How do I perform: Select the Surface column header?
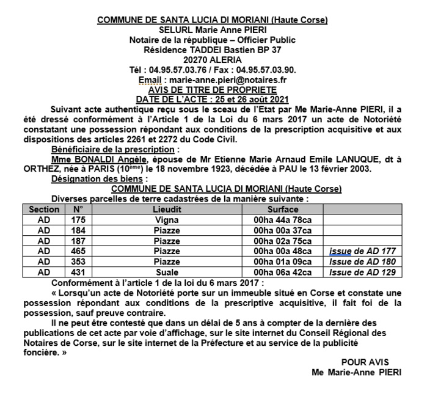coord(283,209)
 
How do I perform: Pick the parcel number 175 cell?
coord(78,219)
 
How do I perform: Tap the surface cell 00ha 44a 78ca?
coord(283,219)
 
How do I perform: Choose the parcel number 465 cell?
coord(78,250)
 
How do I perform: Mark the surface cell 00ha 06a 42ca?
coord(283,272)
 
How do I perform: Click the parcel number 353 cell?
coord(78,261)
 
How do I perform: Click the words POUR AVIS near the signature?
coord(365,362)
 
